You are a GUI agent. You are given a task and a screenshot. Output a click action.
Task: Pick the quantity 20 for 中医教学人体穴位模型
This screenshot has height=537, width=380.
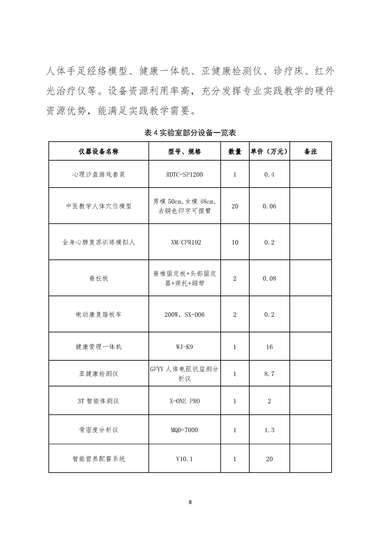[235, 206]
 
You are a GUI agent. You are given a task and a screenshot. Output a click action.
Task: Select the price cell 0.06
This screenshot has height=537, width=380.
[269, 206]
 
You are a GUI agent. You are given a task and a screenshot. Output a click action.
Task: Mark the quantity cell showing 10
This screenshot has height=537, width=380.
[235, 242]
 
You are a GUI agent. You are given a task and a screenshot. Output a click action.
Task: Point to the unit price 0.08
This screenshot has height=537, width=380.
[269, 278]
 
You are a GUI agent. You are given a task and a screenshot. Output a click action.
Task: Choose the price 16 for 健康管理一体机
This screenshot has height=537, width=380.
[269, 347]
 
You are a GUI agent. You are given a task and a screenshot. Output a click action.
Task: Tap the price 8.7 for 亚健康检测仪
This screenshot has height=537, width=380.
[269, 374]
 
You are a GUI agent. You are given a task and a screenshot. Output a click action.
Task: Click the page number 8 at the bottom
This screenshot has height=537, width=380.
[190, 502]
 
